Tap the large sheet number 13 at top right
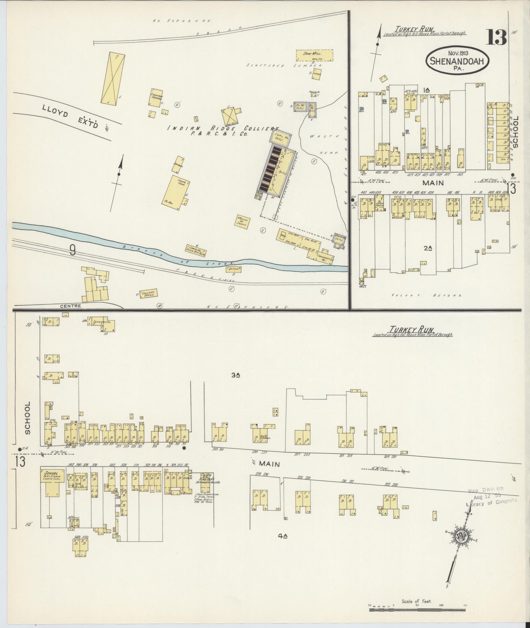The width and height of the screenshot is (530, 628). coord(497,37)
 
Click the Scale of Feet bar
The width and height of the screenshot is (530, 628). coord(417,610)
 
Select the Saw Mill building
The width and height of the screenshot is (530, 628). coord(314,55)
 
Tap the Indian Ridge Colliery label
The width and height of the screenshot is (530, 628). coord(223,130)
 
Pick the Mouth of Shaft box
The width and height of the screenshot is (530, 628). coord(243,222)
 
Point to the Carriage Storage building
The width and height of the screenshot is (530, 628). coord(156,97)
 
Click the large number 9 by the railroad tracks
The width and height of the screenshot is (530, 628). coord(72,250)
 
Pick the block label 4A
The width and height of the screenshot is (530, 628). coord(283,536)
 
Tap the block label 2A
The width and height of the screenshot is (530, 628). coord(427,249)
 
